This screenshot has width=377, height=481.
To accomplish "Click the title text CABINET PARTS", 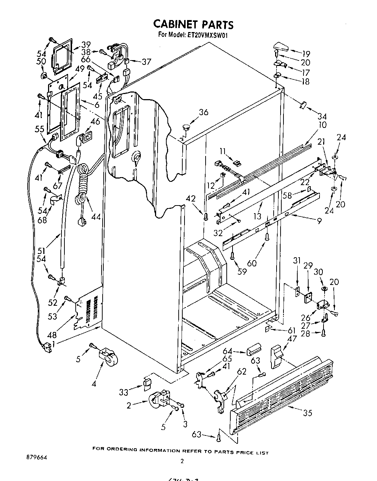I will coord(193,24).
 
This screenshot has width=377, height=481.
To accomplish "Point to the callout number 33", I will coord(124,392).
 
